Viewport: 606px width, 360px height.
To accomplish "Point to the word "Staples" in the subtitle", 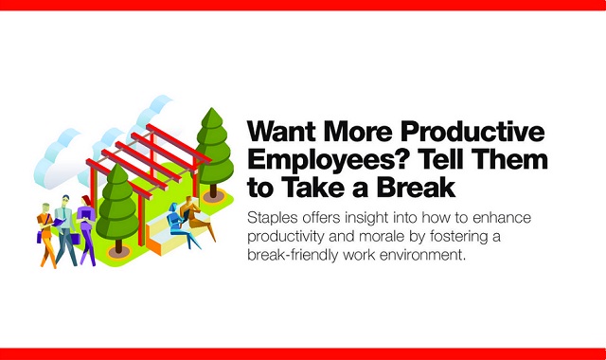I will tap(274, 218).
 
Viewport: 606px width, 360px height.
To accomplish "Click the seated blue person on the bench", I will tap(176, 222).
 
